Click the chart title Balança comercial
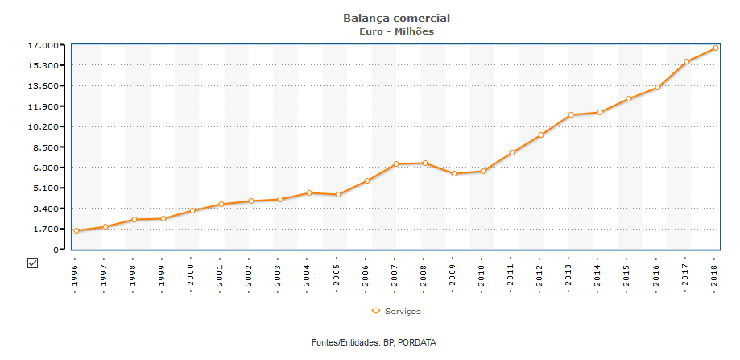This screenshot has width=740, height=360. [x=396, y=18]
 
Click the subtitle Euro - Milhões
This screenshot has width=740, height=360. [x=396, y=31]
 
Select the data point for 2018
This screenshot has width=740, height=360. [x=715, y=48]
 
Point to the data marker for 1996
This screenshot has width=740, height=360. [x=76, y=231]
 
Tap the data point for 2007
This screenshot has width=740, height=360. [x=396, y=164]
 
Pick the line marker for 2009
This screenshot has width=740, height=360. [x=454, y=174]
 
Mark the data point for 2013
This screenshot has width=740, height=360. [x=570, y=115]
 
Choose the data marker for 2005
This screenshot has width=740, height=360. [x=338, y=195]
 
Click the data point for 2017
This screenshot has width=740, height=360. [x=687, y=62]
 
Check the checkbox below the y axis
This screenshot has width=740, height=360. [x=33, y=263]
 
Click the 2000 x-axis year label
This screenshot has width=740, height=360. [x=190, y=275]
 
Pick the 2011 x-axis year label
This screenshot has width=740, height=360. [x=511, y=275]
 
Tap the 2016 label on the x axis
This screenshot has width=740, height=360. [x=657, y=275]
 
